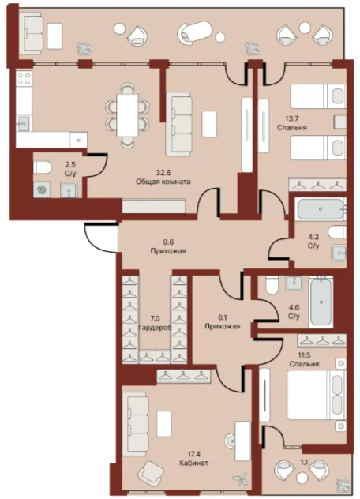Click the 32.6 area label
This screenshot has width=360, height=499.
(x=163, y=173)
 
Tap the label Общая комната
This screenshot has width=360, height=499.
(x=163, y=182)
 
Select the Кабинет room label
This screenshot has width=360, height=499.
(x=194, y=463)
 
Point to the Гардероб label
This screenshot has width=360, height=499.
(x=155, y=327)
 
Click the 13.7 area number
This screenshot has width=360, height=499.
(x=292, y=118)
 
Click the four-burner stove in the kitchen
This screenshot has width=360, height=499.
(x=24, y=79)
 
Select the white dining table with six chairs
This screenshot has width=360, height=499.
(x=127, y=115)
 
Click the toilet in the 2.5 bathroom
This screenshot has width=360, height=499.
(x=43, y=167)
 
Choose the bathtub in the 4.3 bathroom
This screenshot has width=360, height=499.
(x=320, y=208)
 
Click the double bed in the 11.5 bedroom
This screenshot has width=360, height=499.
(x=317, y=394)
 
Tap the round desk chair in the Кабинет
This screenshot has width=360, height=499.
(x=232, y=441)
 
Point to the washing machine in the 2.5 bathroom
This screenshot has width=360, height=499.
(x=42, y=189)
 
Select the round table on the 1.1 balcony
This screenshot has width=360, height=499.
(x=302, y=478)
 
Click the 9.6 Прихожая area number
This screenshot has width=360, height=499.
(x=167, y=242)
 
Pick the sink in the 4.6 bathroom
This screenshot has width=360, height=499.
(x=294, y=283)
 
